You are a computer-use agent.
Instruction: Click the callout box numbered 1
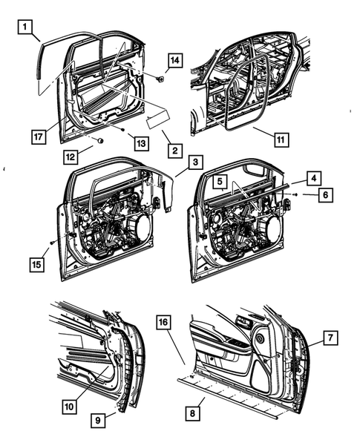(25, 27)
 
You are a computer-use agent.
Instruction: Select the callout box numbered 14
(175, 60)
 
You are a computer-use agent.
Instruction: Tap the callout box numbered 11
(281, 139)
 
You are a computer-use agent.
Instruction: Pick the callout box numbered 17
(39, 137)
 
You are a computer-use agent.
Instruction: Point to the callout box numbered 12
(71, 157)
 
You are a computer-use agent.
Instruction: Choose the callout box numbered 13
(141, 143)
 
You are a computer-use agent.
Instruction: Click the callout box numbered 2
(175, 151)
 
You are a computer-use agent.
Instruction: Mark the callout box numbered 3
(195, 162)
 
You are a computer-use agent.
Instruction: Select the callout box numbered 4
(314, 178)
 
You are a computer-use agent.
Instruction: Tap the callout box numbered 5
(220, 182)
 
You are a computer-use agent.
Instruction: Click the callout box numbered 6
(325, 195)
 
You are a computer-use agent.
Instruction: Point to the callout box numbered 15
(37, 264)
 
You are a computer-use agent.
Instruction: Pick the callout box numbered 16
(163, 322)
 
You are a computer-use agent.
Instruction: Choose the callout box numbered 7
(331, 338)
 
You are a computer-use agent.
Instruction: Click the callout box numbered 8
(192, 413)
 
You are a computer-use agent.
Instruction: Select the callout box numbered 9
(98, 420)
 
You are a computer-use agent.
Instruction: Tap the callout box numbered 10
(69, 407)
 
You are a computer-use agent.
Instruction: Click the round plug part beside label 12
(100, 140)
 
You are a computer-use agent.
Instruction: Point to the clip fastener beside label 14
(160, 79)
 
